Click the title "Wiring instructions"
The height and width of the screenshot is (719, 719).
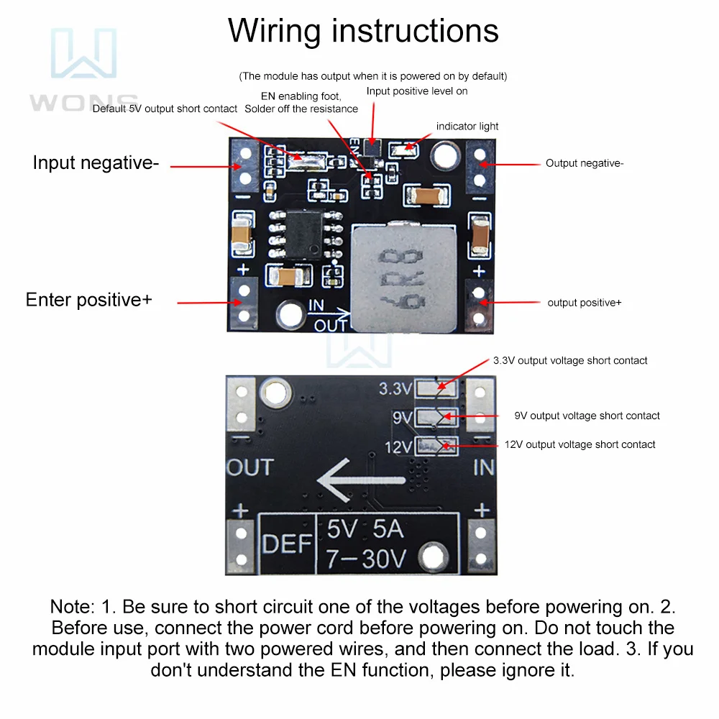point(363,32)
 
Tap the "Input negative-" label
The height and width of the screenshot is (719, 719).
point(96,163)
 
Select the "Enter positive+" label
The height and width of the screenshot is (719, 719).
point(89,300)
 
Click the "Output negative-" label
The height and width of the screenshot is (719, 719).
point(585,163)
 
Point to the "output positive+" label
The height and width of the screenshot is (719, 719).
point(585,303)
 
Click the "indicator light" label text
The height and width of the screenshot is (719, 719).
point(467,127)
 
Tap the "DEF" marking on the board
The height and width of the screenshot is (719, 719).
point(286,544)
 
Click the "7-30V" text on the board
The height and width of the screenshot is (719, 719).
point(367,558)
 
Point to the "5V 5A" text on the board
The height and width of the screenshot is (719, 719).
point(365,530)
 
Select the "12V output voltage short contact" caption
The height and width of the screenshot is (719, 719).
point(580,445)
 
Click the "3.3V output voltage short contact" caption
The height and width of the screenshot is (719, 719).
point(570,360)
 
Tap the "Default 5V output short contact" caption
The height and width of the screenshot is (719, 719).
point(165,109)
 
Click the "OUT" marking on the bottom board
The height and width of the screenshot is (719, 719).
point(250,467)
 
